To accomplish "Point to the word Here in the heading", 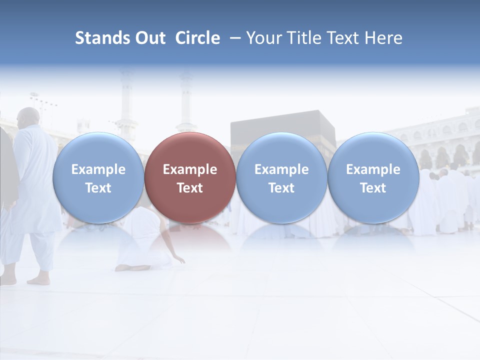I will pos(383,38).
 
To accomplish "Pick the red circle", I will pos(190,177).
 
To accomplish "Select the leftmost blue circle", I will pos(98,177).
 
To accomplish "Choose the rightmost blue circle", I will pos(373,177).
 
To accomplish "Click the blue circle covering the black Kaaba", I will pos(281,177).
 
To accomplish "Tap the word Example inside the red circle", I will pos(190,169).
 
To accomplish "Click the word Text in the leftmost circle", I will pos(98,188).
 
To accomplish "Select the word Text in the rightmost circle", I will pos(373,188).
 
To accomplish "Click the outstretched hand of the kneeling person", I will pos(180,260).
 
